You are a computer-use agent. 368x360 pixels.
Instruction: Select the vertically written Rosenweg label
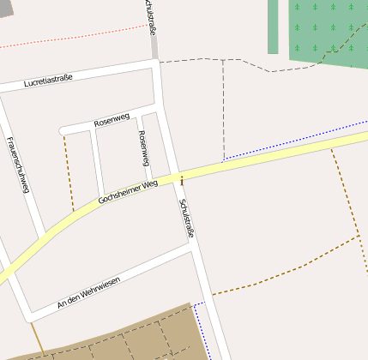143,147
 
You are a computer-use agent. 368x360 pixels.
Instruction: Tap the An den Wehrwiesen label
88,291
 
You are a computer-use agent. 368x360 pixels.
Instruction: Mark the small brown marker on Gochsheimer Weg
181,179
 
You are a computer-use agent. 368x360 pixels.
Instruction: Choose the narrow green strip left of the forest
273,26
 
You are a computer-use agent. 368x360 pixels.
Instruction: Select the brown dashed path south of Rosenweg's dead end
69,171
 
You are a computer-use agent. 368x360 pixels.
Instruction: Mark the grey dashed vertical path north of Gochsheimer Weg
223,111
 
